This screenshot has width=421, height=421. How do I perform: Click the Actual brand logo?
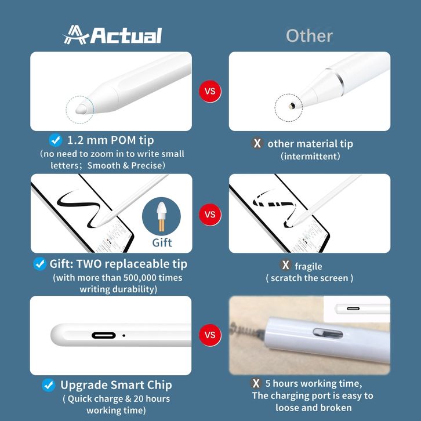click(112, 35)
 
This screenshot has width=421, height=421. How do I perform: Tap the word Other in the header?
click(309, 36)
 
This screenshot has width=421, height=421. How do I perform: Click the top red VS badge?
click(210, 91)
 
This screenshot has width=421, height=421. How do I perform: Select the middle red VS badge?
click(210, 215)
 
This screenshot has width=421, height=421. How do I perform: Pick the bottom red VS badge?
click(210, 335)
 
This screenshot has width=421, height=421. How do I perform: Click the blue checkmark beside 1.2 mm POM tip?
click(56, 140)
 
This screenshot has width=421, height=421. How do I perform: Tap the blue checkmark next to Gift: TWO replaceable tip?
click(40, 264)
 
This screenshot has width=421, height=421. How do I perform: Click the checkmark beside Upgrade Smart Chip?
click(49, 385)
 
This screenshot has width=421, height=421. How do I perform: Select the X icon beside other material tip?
click(257, 143)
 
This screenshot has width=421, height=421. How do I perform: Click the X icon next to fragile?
click(285, 265)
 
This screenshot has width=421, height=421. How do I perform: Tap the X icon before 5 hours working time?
click(256, 383)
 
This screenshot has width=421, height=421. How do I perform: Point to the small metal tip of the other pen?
click(292, 106)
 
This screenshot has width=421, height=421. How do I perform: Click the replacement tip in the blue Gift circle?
click(161, 216)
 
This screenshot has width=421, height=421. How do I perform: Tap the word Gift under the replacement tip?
click(162, 242)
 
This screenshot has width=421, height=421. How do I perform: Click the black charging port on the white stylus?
click(104, 335)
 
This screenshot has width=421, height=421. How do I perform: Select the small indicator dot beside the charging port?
click(124, 335)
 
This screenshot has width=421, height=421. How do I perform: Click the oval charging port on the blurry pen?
click(328, 333)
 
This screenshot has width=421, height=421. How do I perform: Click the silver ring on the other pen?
click(336, 81)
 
